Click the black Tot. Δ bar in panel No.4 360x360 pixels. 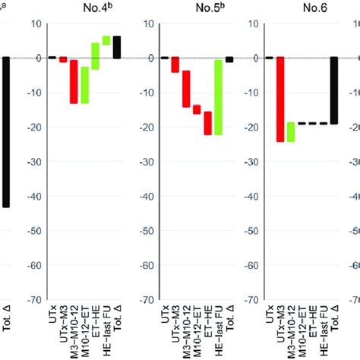[x=117, y=47]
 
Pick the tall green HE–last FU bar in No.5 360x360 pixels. [x=218, y=96]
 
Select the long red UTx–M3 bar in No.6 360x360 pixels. [x=279, y=99]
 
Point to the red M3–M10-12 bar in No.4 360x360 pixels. [x=74, y=81]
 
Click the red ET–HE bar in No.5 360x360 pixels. [x=207, y=124]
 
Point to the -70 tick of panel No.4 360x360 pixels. [x=35, y=299]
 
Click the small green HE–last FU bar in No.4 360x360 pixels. [x=106, y=40]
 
